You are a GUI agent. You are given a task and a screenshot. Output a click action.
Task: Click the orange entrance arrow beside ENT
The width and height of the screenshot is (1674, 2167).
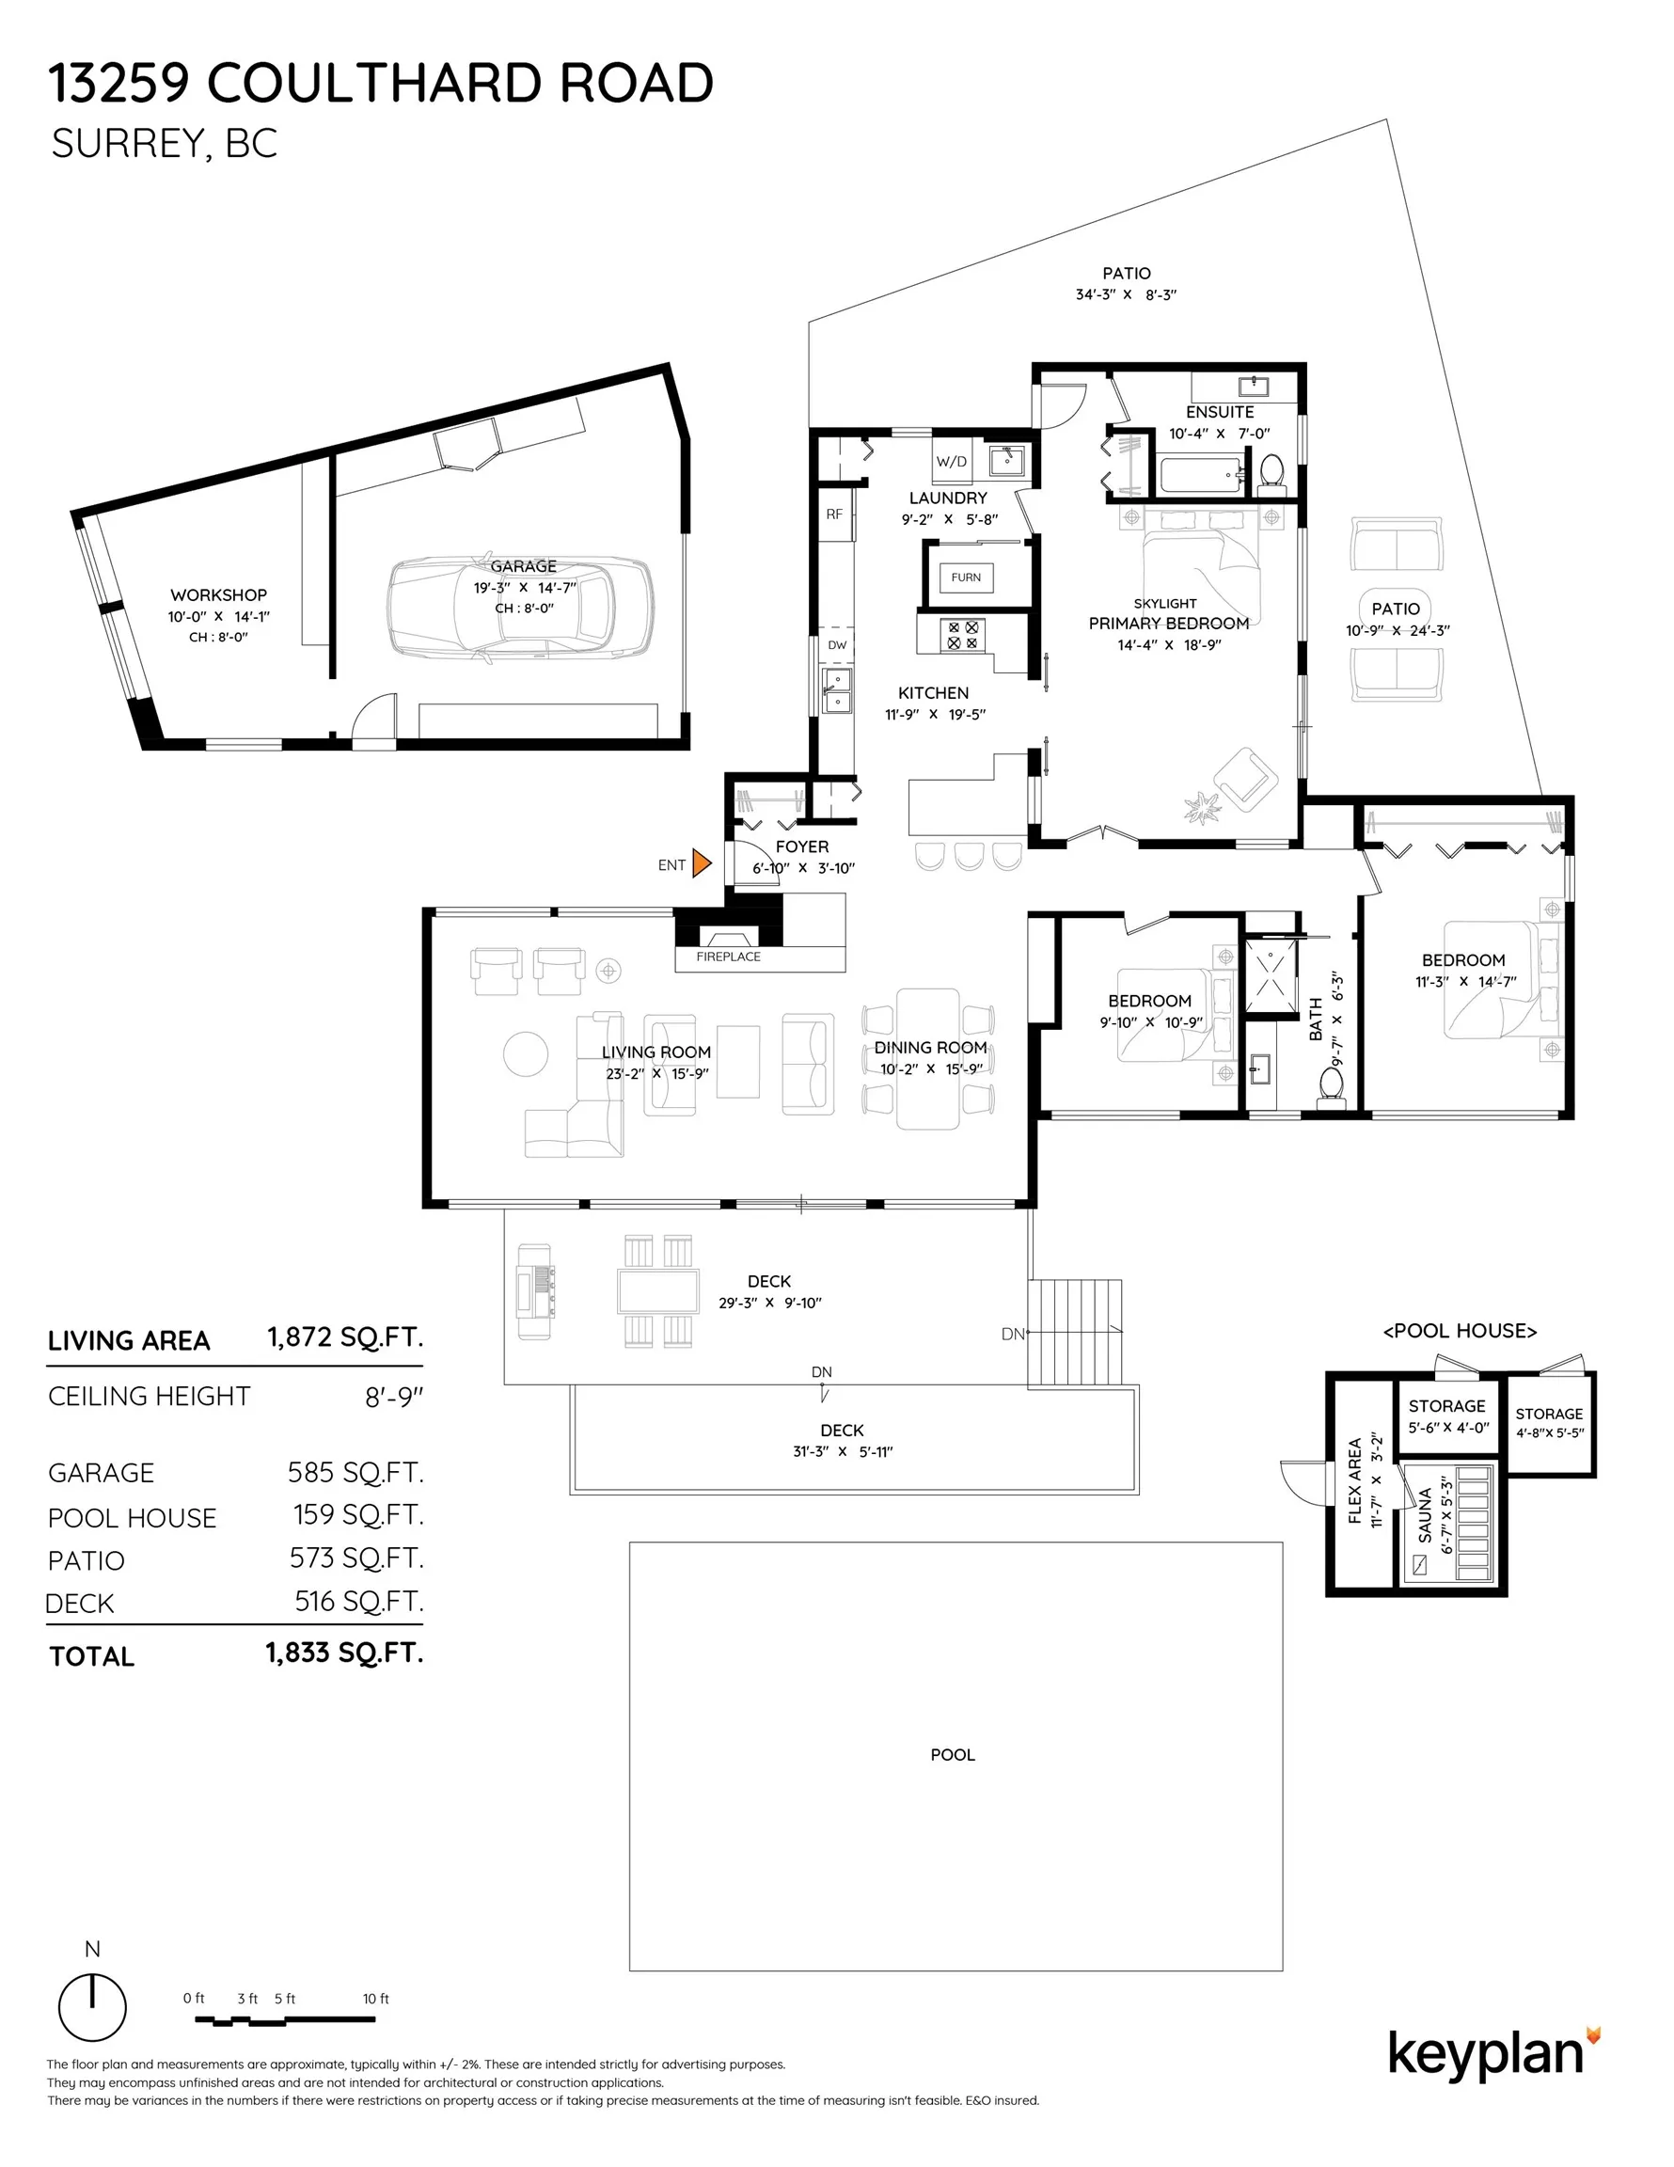(x=702, y=862)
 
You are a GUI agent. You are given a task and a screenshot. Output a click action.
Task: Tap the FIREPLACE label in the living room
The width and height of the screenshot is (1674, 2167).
(x=727, y=957)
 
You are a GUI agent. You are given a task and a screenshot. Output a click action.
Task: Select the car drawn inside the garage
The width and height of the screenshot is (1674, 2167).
(x=520, y=609)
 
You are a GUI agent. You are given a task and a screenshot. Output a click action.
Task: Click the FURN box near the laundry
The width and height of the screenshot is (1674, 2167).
(x=966, y=577)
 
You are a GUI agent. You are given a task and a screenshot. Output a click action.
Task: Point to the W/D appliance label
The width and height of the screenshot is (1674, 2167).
(x=951, y=462)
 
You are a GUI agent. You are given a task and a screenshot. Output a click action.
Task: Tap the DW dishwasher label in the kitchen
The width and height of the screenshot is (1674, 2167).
(x=836, y=645)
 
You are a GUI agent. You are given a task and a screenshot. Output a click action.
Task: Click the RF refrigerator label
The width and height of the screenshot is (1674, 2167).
(x=833, y=514)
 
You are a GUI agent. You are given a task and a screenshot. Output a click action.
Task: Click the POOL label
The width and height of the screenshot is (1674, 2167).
(x=952, y=1754)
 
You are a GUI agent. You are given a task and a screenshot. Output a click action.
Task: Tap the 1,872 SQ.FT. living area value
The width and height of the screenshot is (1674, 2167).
(x=344, y=1337)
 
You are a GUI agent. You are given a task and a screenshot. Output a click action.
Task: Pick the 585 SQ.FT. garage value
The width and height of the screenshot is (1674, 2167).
(x=355, y=1473)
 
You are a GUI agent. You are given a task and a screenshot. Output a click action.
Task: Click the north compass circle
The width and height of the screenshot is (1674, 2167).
(x=92, y=2007)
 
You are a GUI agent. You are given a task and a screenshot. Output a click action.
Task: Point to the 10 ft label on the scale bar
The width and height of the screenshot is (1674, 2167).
(x=375, y=1999)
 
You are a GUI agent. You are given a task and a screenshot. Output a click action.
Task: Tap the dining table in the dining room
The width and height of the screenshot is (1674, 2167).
(x=928, y=1060)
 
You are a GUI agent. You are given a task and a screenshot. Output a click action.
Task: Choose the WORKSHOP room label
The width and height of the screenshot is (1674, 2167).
(x=218, y=595)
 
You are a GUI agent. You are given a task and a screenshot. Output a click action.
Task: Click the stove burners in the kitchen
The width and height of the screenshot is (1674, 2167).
(x=961, y=635)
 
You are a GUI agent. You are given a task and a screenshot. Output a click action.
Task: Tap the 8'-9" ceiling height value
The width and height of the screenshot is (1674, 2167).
(x=393, y=1397)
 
